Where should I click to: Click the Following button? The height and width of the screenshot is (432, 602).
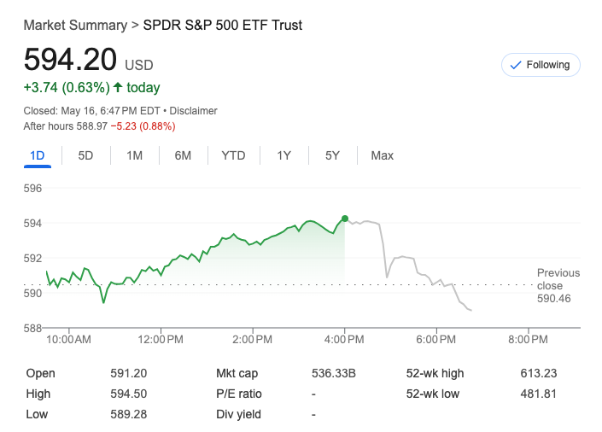click(x=541, y=65)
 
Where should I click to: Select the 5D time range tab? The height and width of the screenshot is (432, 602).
click(x=85, y=155)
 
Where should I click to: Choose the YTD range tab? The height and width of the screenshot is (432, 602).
click(x=233, y=155)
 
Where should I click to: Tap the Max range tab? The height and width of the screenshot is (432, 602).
click(x=382, y=155)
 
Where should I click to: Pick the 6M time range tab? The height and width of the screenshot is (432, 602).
click(x=183, y=155)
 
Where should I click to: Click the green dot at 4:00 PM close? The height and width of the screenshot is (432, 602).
click(x=345, y=219)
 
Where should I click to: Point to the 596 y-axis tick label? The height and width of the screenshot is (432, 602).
click(x=32, y=188)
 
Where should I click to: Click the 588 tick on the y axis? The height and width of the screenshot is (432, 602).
click(x=32, y=328)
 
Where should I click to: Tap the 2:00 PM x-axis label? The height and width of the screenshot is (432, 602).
click(x=253, y=340)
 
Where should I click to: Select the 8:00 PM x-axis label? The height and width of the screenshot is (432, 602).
click(x=529, y=340)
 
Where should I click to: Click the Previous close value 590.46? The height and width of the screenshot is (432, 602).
click(x=553, y=298)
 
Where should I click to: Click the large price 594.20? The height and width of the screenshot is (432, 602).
click(x=70, y=60)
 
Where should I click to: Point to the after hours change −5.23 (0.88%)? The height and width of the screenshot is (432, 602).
click(x=143, y=126)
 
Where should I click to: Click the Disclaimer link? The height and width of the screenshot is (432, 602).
click(x=193, y=111)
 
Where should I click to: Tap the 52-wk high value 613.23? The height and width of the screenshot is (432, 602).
click(x=538, y=373)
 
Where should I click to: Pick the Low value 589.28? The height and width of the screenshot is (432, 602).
click(x=128, y=414)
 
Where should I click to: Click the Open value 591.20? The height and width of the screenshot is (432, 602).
click(x=128, y=373)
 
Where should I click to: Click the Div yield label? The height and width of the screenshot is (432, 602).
click(x=238, y=414)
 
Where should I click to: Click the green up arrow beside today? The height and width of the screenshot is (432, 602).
click(x=118, y=87)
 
